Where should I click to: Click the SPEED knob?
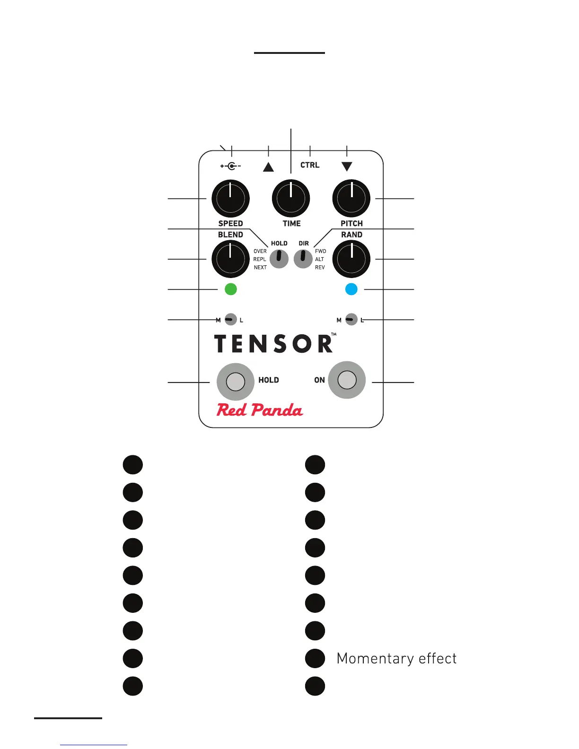point(230,199)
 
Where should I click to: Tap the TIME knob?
point(291,199)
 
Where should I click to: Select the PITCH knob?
point(351,199)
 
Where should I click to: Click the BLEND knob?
point(230,259)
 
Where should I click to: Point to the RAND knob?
point(351,259)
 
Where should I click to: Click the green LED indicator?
point(230,289)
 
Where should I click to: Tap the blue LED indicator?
point(351,289)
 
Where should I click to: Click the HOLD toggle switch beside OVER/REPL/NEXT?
point(279,259)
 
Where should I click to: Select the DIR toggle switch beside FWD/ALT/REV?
point(303,259)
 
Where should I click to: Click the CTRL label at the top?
point(310,165)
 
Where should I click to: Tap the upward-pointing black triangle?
point(268,167)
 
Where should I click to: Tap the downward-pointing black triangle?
point(347,166)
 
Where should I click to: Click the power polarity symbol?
point(231,166)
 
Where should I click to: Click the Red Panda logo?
point(260,410)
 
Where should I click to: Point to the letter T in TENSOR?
point(222,344)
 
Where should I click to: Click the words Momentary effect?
point(396,658)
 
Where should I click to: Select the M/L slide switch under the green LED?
point(230,320)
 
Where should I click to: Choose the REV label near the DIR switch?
point(320,268)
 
